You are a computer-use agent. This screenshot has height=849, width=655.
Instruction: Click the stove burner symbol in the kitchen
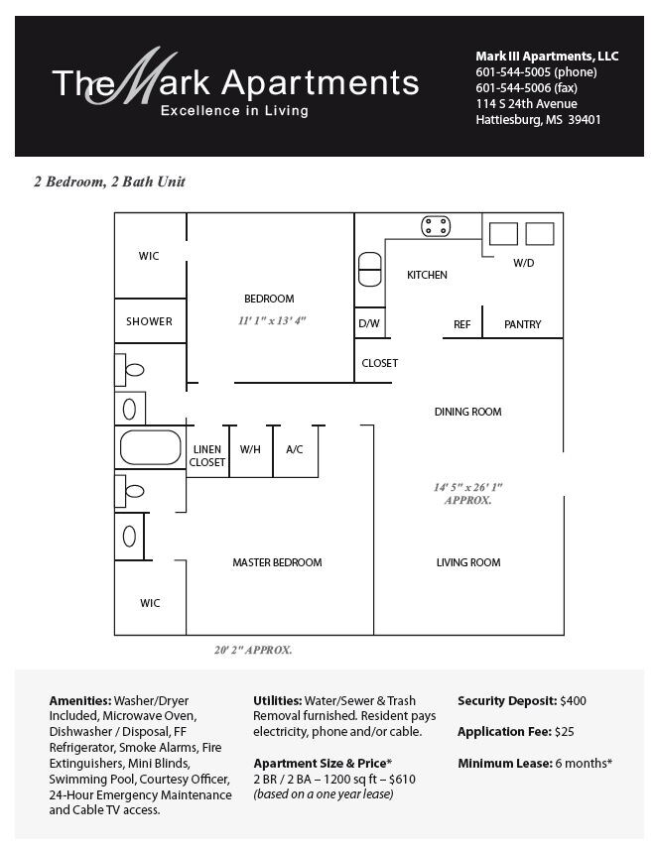click(436, 225)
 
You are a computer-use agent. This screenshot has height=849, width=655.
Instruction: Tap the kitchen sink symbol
click(368, 269)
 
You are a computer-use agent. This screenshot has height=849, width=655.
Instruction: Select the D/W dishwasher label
click(368, 323)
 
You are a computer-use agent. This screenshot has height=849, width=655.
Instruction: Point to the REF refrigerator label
click(461, 324)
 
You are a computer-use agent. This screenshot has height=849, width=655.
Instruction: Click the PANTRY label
click(522, 324)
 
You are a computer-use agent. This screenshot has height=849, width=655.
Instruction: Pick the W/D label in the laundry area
click(523, 264)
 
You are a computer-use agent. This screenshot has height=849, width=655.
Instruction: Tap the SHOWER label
click(149, 321)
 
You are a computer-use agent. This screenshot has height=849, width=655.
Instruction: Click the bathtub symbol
click(150, 448)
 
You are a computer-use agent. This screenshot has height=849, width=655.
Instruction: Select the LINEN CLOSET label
click(207, 455)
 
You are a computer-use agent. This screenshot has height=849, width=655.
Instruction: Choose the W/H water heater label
click(250, 449)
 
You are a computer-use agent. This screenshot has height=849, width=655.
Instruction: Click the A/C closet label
click(295, 449)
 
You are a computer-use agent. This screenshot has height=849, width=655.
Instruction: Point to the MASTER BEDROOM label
click(277, 562)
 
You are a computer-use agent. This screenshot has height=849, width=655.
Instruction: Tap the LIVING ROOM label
click(468, 562)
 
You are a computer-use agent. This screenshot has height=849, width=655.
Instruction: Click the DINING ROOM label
click(468, 412)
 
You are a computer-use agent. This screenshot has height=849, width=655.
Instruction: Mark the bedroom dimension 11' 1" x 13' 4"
click(272, 320)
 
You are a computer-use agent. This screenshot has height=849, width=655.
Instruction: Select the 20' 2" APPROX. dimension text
click(252, 651)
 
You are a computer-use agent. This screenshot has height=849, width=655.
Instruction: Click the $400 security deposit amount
click(573, 700)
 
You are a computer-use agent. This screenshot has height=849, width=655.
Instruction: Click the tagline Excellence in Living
click(234, 111)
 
